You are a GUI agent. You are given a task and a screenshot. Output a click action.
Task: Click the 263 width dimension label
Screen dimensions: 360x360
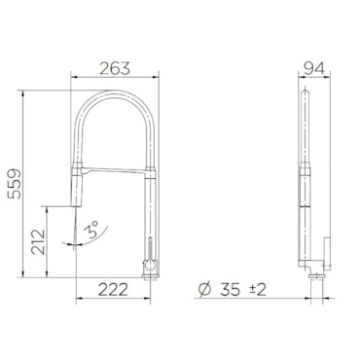pos(115,68)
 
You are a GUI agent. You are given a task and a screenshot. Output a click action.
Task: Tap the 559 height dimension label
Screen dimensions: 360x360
pos(15,184)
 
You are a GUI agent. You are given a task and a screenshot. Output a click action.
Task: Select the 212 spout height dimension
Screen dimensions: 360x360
pos(38,241)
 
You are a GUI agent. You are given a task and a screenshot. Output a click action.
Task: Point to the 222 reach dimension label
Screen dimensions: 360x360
pos(113,289)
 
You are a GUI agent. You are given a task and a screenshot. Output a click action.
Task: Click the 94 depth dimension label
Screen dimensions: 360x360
pos(314,68)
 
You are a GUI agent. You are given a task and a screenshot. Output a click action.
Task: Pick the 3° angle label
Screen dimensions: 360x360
pos(90,230)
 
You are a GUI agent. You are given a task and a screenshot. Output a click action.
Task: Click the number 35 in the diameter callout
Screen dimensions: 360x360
pos(231,289)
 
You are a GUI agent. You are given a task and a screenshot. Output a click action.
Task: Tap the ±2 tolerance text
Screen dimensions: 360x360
pos(258,289)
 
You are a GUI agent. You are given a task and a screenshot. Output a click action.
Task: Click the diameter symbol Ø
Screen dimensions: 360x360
pos(204,289)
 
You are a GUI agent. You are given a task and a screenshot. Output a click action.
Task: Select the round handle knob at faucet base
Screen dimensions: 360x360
pos(150,266)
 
